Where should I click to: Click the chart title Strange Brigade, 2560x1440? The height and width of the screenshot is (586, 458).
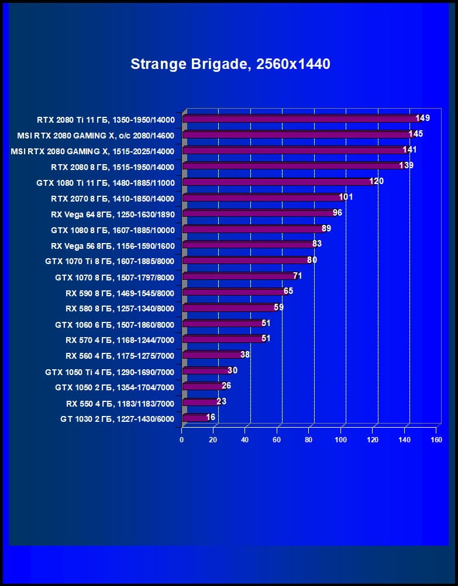[x=230, y=64]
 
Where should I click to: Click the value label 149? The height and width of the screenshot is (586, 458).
[x=423, y=118]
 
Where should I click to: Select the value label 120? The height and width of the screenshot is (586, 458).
[x=376, y=181]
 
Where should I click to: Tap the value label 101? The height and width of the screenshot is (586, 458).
[x=346, y=197]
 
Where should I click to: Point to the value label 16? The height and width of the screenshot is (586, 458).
[x=211, y=417]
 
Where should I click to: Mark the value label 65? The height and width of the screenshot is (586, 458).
[x=288, y=291]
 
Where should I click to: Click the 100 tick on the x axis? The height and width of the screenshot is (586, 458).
[x=340, y=439]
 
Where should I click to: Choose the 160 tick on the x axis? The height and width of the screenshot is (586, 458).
[x=436, y=439]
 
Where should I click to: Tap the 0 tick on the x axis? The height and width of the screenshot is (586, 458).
[x=182, y=439]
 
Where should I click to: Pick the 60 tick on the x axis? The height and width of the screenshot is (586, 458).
[x=277, y=439]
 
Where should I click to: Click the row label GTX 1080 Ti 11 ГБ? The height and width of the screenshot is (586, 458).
[x=106, y=182]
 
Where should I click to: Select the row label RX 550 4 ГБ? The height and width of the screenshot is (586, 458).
[x=120, y=403]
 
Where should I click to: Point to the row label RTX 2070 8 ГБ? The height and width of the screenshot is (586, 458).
[x=112, y=198]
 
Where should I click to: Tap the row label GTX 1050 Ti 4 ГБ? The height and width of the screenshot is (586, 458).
[x=109, y=372]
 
